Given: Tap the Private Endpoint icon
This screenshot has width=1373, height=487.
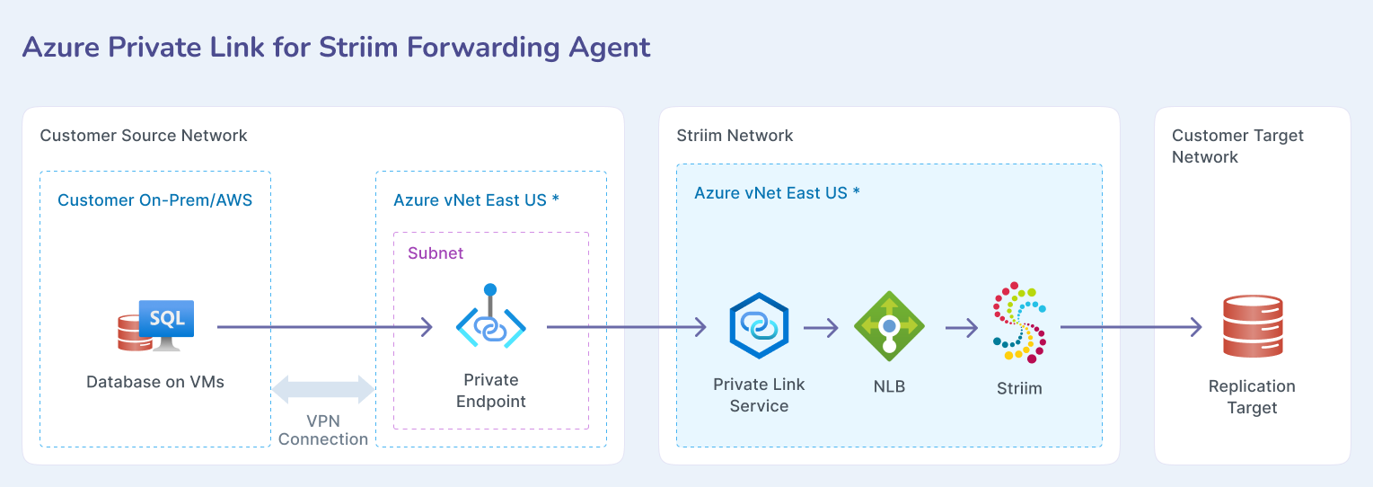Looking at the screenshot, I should [x=490, y=322].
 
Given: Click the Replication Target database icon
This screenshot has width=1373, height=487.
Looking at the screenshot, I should [x=1252, y=327].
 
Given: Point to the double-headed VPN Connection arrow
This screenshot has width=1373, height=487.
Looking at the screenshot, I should [x=323, y=389].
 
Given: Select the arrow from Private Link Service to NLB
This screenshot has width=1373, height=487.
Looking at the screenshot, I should [x=821, y=328].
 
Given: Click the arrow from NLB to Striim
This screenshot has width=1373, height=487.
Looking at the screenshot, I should [x=961, y=328].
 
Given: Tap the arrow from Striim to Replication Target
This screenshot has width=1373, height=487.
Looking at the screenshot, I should [x=1131, y=327].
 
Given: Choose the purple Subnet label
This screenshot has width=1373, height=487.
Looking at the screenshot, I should [x=436, y=253].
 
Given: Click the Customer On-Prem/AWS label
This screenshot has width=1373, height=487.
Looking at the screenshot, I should [x=154, y=199].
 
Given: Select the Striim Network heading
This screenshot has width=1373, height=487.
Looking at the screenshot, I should [x=735, y=136].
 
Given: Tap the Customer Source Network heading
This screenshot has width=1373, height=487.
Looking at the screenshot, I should [x=144, y=136].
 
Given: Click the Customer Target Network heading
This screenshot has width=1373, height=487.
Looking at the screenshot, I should [x=1237, y=146].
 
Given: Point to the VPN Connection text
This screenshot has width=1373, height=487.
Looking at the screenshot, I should [x=323, y=430].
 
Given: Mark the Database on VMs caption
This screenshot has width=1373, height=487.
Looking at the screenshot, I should [x=155, y=382].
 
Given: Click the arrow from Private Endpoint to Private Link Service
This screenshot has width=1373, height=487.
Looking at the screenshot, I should [x=627, y=327].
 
